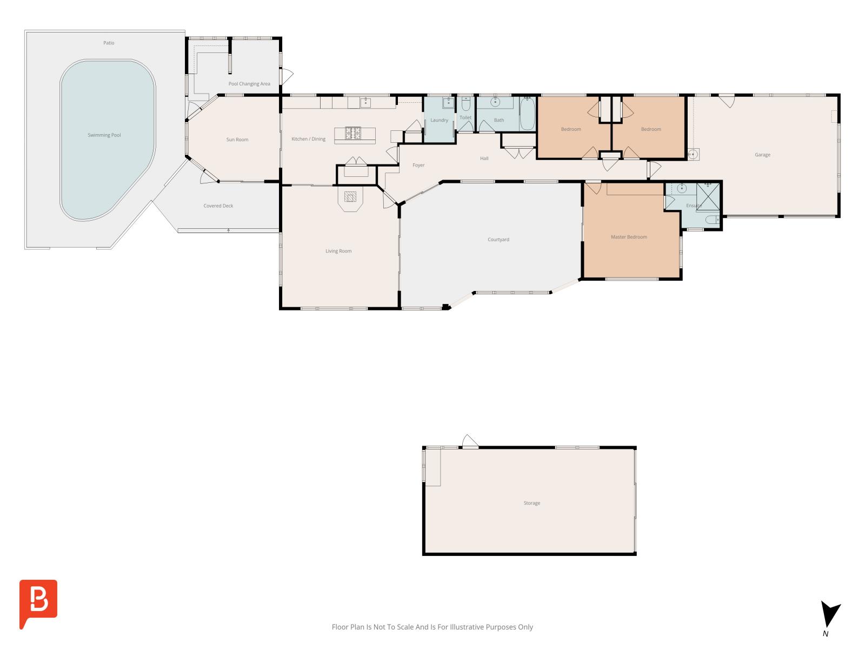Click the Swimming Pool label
(x=104, y=135)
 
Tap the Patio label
(x=109, y=43)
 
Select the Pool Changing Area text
(x=249, y=84)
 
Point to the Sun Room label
(x=237, y=140)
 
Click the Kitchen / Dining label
(x=308, y=139)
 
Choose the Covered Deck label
(x=218, y=206)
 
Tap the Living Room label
(x=338, y=251)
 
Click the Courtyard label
(x=498, y=240)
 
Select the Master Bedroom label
(x=629, y=237)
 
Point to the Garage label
(x=762, y=155)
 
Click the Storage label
(x=531, y=503)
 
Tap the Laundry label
(x=439, y=120)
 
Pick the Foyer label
(x=418, y=165)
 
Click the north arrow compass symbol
(x=829, y=615)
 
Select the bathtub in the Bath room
(x=527, y=114)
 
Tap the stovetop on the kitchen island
(x=352, y=133)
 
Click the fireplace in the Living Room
(x=350, y=197)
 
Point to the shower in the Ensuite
(x=708, y=197)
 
